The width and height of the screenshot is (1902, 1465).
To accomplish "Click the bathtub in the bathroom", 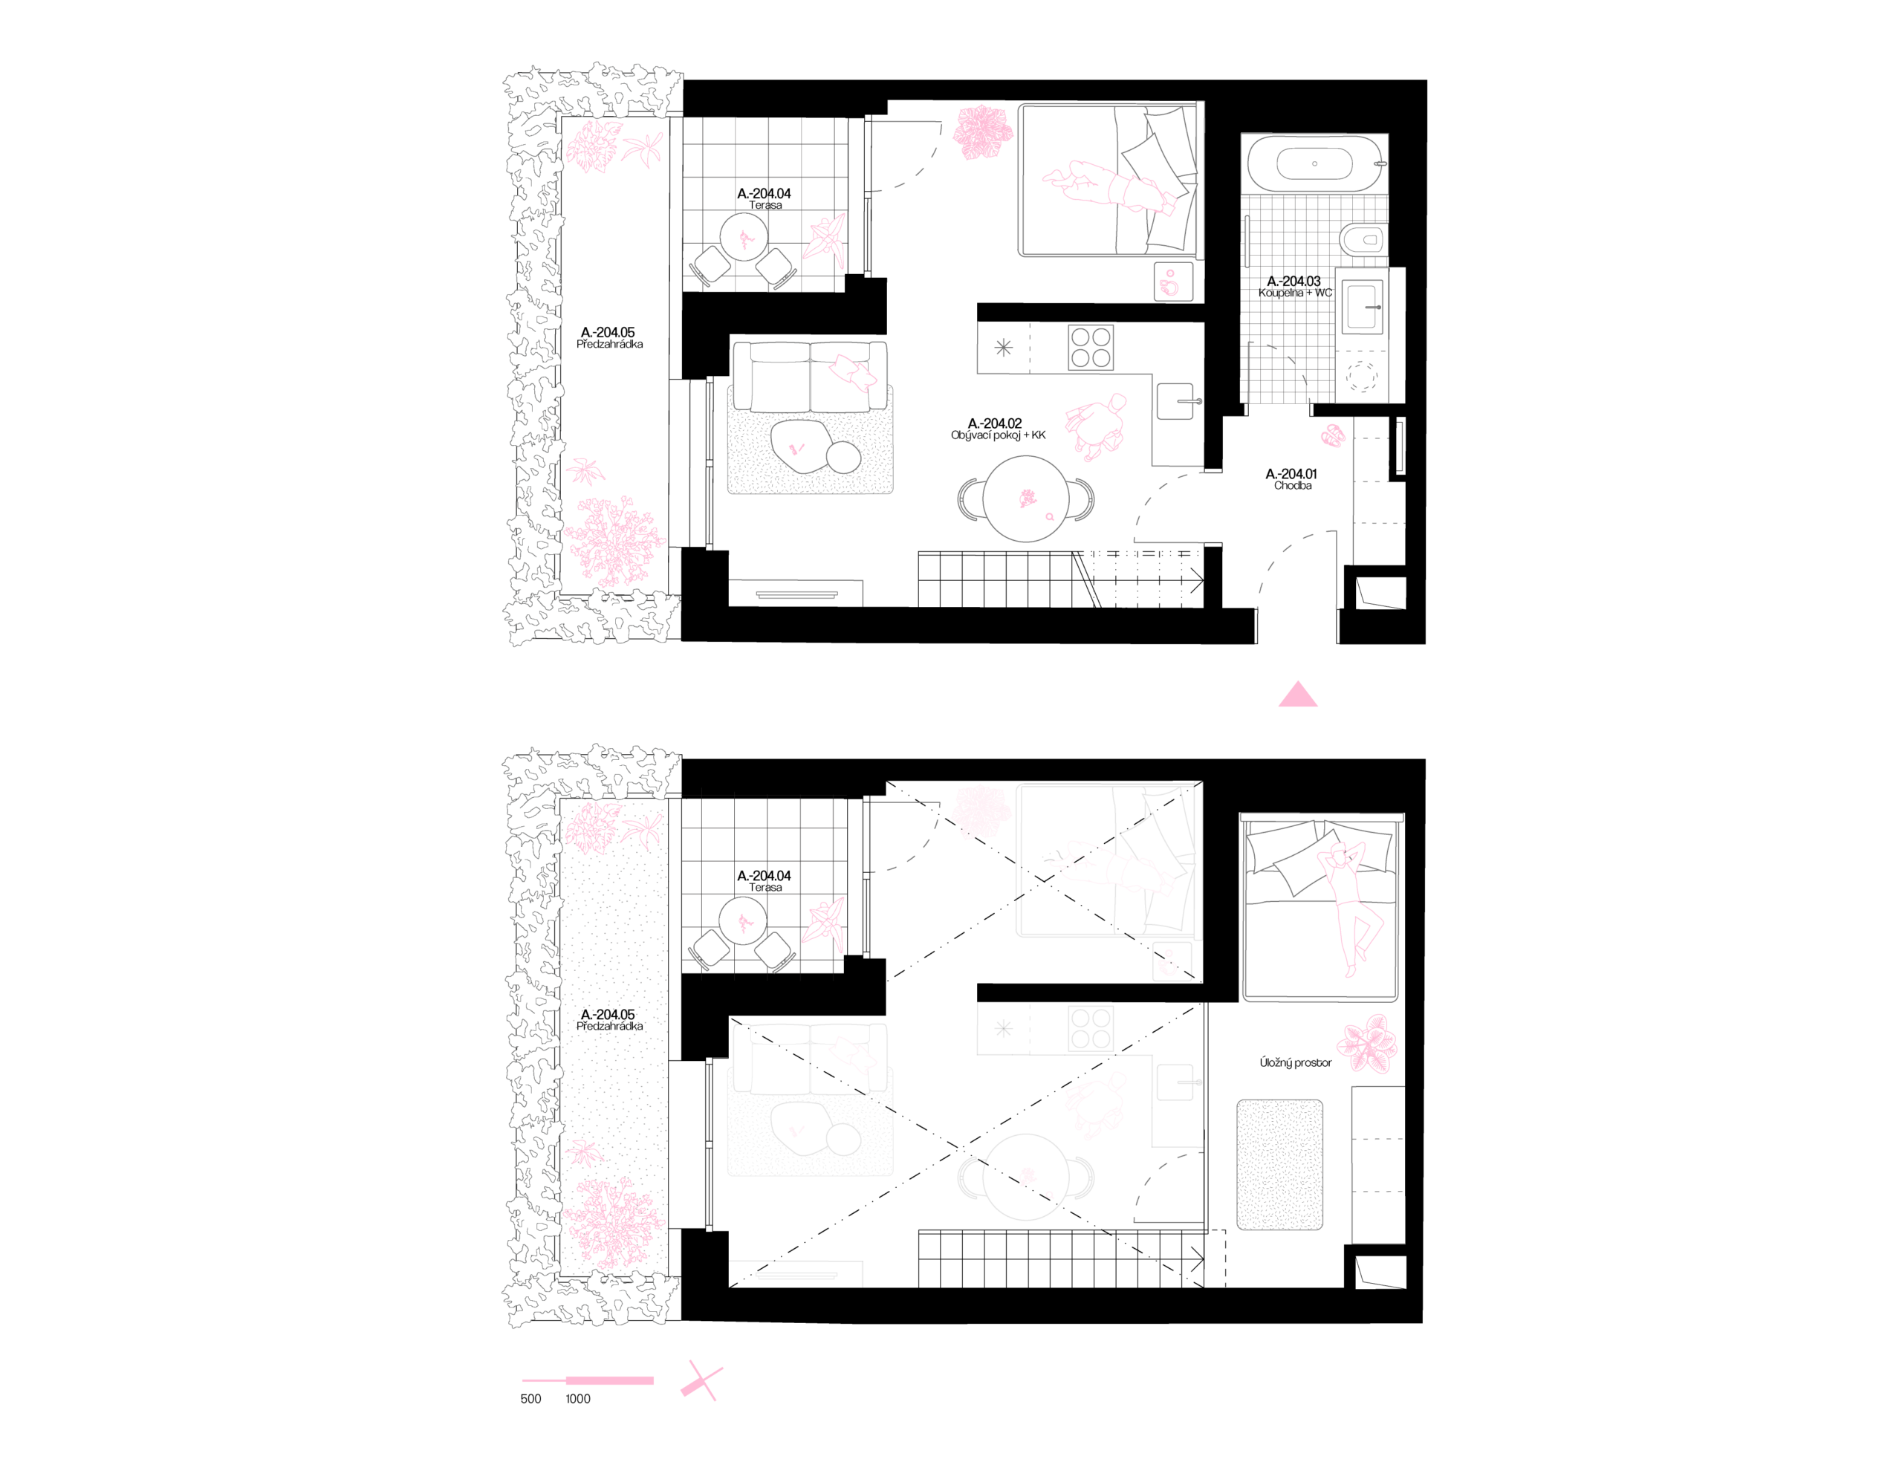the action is point(1314,163).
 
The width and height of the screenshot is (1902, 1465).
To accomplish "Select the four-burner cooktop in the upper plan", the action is point(1091,347).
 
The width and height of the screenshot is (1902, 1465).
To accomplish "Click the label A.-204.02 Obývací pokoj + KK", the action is point(997,429).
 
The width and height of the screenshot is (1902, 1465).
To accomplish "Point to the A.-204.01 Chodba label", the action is point(1291,479).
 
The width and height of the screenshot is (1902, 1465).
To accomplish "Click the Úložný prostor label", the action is point(1295,1062).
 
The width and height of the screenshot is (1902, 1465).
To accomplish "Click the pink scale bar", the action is point(588,1380).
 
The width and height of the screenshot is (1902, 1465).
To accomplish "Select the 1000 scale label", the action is point(577,1399).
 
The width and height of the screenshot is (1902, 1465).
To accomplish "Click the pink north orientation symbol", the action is point(701,1381).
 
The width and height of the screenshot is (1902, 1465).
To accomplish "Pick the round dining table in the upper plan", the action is point(1026,499).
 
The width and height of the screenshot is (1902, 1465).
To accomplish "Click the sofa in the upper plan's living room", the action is point(810,376).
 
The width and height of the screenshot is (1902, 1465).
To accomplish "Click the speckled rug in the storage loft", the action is point(1279,1166).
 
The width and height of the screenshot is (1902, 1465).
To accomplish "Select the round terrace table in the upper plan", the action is point(744,236).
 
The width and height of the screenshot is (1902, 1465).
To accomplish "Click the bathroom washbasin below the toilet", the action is point(1363,307).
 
